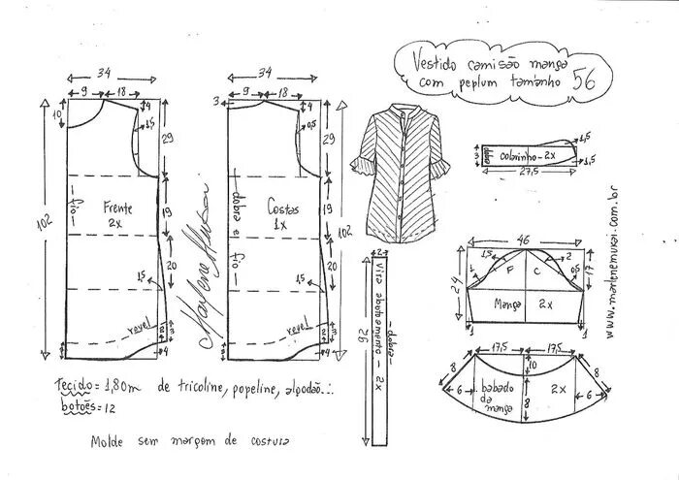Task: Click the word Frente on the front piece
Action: pyautogui.click(x=115, y=208)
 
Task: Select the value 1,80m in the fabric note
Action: pyautogui.click(x=117, y=386)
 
